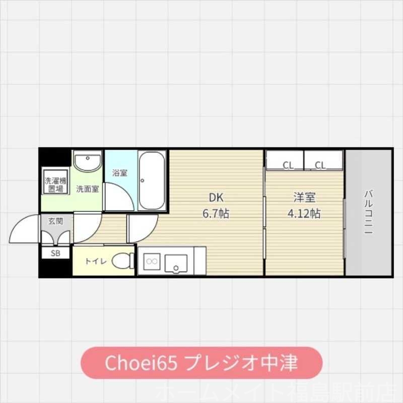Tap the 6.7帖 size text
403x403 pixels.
pyautogui.click(x=216, y=214)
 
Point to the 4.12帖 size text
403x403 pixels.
pyautogui.click(x=304, y=214)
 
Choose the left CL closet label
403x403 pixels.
pyautogui.click(x=288, y=165)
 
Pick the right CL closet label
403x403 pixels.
pyautogui.click(x=320, y=165)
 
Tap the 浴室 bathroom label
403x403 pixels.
pyautogui.click(x=119, y=173)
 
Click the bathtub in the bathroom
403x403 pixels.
pyautogui.click(x=153, y=180)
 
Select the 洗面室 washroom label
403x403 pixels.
pyautogui.click(x=87, y=189)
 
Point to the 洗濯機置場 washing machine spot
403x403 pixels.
pyautogui.click(x=55, y=185)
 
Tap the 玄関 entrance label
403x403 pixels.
pyautogui.click(x=55, y=221)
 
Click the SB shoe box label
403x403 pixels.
pyautogui.click(x=55, y=253)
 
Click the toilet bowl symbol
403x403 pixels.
pyautogui.click(x=121, y=261)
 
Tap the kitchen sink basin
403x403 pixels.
pyautogui.click(x=176, y=262)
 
